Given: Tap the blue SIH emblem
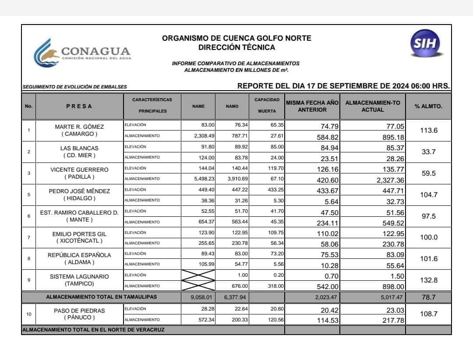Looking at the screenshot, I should [x=425, y=44].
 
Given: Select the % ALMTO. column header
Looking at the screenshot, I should [x=428, y=106].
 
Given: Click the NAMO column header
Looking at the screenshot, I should [x=232, y=106].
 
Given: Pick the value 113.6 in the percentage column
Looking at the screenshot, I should [x=429, y=130].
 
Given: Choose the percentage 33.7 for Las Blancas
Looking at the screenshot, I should [x=429, y=152].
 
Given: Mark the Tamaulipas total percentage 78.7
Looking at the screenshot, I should [x=429, y=297].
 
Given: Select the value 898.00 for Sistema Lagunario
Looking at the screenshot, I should [x=392, y=286].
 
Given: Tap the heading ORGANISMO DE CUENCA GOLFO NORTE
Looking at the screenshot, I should [x=236, y=38].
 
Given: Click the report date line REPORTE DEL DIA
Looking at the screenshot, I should [x=343, y=86].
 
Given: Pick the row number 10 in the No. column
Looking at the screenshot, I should [x=29, y=314].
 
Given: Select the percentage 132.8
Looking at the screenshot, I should [x=429, y=280].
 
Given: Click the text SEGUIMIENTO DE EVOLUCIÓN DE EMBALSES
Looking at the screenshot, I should [x=74, y=87].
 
